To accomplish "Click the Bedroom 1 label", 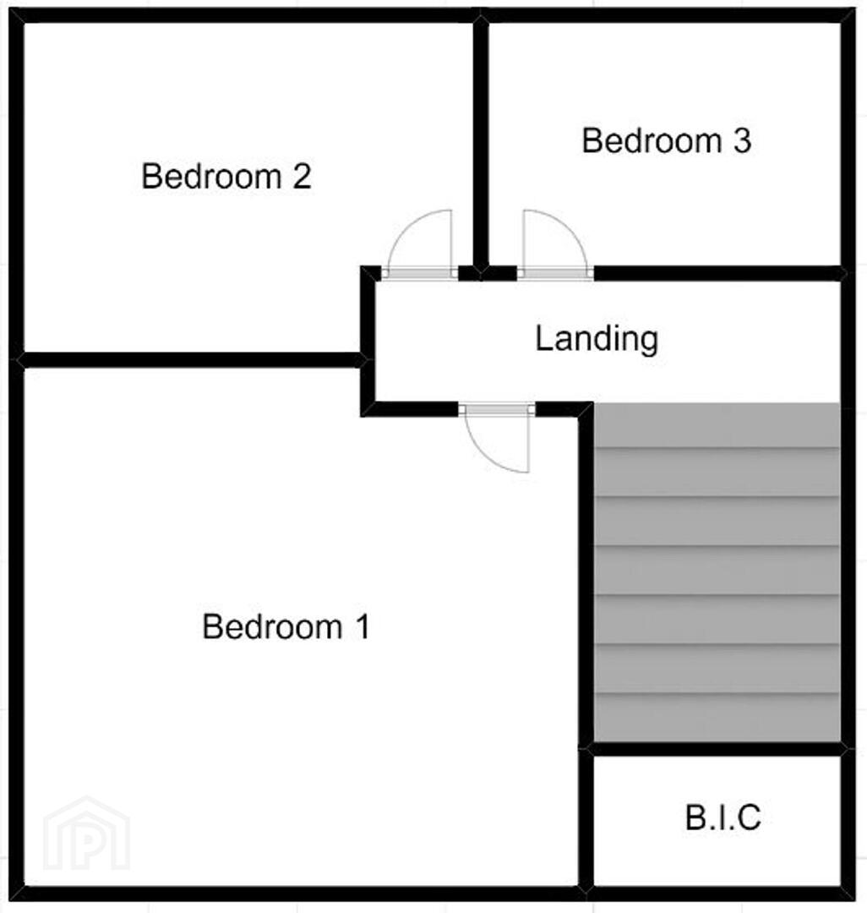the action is click(x=286, y=626).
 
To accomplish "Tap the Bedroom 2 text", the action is click(x=226, y=176).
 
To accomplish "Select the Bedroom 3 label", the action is click(x=666, y=141).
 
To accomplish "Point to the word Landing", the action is click(x=597, y=340).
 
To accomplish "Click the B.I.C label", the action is click(x=723, y=817).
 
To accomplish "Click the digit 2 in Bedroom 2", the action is click(x=302, y=176).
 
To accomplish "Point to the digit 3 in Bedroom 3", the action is click(x=742, y=141).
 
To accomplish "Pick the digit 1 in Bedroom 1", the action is click(x=363, y=626).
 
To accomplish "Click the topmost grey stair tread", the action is click(x=717, y=425).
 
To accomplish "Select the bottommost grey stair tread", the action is click(x=717, y=718).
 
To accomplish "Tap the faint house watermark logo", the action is click(x=87, y=834).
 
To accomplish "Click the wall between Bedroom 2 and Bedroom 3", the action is click(x=480, y=145).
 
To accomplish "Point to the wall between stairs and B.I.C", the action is click(x=717, y=749).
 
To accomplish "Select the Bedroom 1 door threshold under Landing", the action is click(x=497, y=409).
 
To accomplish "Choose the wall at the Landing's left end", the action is click(x=368, y=341).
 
